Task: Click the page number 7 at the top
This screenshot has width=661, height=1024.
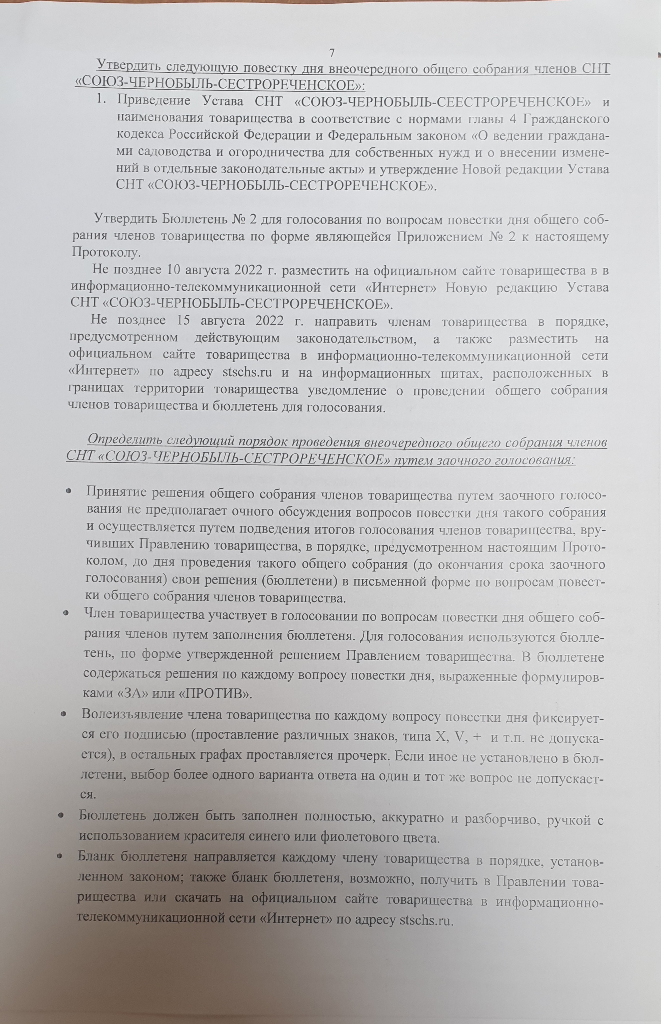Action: (332, 53)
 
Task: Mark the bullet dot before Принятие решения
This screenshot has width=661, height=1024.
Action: (69, 491)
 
